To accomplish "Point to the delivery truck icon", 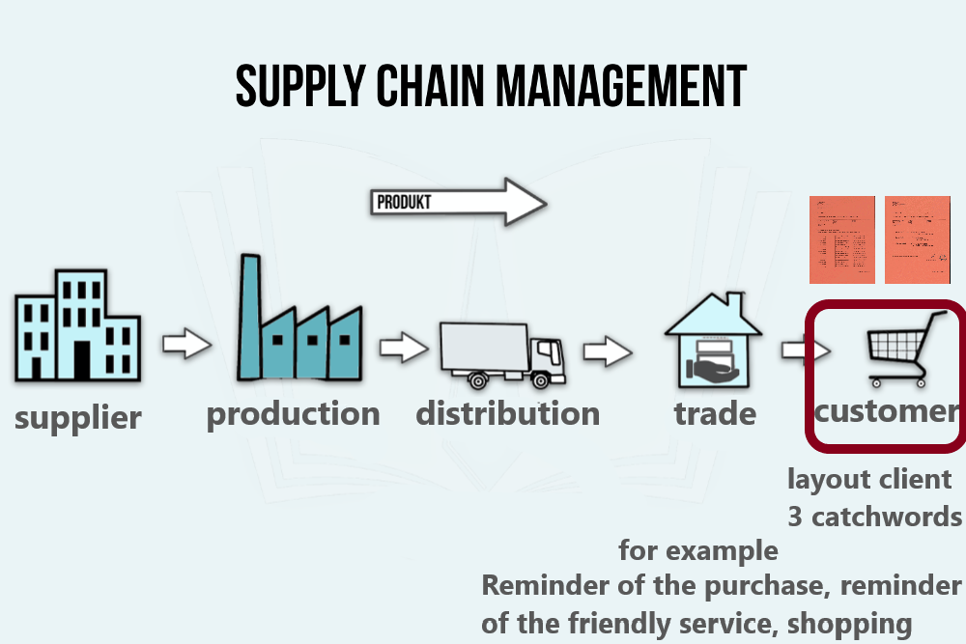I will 501,353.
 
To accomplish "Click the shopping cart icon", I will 907,349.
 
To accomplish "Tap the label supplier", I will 78,418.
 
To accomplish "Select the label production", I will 294,414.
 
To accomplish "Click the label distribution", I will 508,414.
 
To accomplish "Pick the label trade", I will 715,414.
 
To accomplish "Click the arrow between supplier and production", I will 186,344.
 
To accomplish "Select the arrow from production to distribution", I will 403,347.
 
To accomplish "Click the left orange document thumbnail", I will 841,239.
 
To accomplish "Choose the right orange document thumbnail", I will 918,239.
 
